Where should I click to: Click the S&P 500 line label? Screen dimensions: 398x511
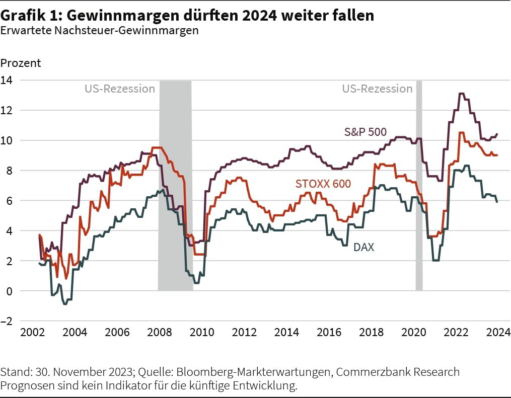click(x=365, y=132)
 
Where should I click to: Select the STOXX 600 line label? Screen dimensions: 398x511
click(x=323, y=184)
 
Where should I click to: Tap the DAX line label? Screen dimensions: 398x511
click(x=363, y=247)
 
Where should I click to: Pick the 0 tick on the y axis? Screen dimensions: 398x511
click(x=10, y=291)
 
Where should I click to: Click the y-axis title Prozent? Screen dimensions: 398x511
click(x=21, y=63)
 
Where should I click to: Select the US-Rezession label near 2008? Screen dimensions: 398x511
click(x=119, y=89)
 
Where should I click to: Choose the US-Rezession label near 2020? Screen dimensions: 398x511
click(x=377, y=89)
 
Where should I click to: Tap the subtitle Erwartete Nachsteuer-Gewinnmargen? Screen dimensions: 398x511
click(x=99, y=30)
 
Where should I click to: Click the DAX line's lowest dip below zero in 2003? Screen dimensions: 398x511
click(x=65, y=304)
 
